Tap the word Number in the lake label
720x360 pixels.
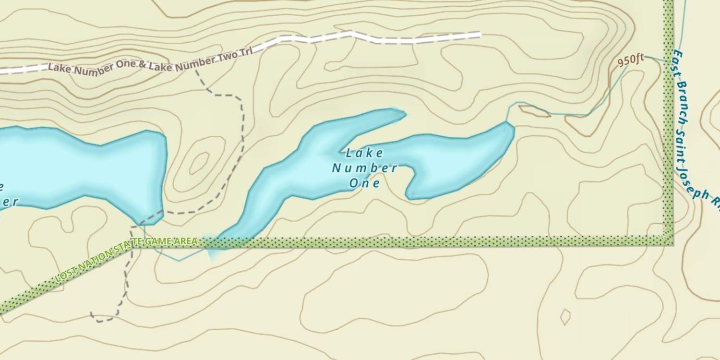tap(365, 168)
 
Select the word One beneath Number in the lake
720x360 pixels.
tap(365, 183)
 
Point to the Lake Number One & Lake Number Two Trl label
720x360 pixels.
tap(150, 62)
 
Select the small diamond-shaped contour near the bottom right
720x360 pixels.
tap(565, 317)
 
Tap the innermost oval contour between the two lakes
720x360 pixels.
tap(199, 163)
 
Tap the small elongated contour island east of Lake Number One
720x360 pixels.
tap(534, 111)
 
